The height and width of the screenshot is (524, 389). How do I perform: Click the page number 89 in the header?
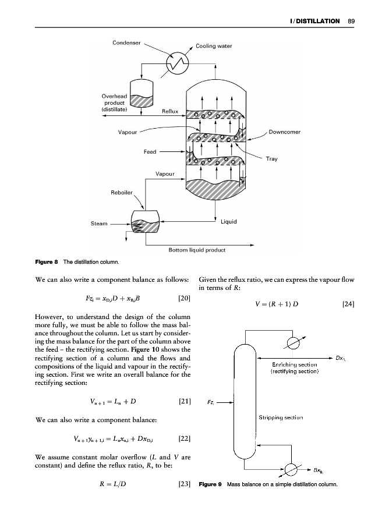pyautogui.click(x=351, y=22)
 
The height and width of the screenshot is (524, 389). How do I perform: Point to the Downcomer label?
pyautogui.click(x=285, y=132)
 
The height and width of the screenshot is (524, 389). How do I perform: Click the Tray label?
pyautogui.click(x=272, y=158)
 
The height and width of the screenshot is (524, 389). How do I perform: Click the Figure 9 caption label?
pyautogui.click(x=211, y=484)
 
